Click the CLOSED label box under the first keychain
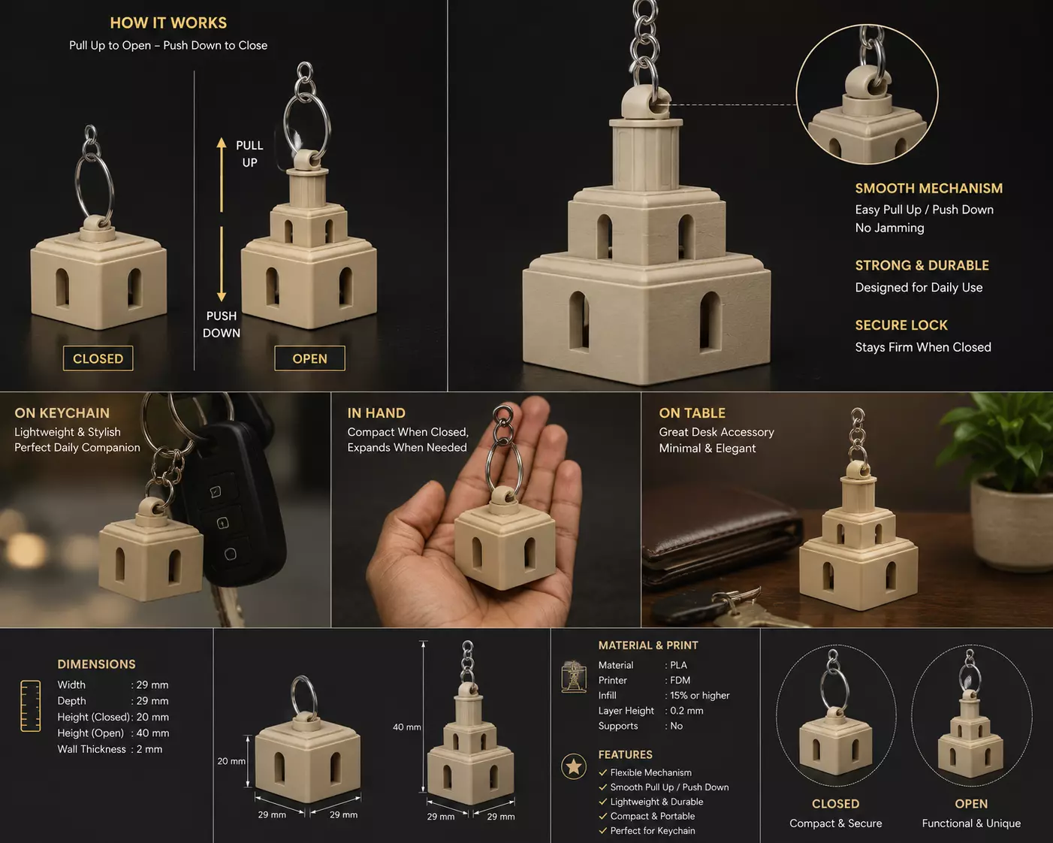(x=98, y=358)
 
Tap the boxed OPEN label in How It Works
(x=309, y=358)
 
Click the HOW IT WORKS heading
(x=168, y=23)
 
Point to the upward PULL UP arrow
(x=222, y=175)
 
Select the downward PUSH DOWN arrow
(x=222, y=264)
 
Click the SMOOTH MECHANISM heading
(x=929, y=189)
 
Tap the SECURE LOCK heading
(x=901, y=325)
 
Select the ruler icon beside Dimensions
(x=30, y=706)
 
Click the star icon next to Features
(x=574, y=766)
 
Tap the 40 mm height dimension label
(x=406, y=727)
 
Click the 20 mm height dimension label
(x=231, y=761)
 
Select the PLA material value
(x=679, y=665)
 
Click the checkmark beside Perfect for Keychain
(x=603, y=830)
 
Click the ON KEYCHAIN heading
(x=62, y=412)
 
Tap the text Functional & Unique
(x=971, y=823)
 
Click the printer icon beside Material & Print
(x=574, y=676)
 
